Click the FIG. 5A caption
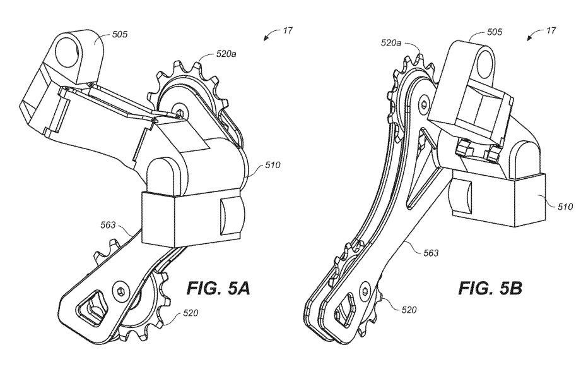click(218, 288)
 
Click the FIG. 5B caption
click(491, 288)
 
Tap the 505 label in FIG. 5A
click(119, 35)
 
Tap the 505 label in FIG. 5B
click(495, 32)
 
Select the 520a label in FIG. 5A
click(226, 54)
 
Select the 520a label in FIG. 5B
click(391, 43)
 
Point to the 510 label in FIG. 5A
click(273, 164)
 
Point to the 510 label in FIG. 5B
click(565, 207)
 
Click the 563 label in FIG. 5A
click(108, 225)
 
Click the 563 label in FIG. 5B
click(431, 253)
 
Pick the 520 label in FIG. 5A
click(191, 313)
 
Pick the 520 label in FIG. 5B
click(409, 309)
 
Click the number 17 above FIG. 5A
click(288, 30)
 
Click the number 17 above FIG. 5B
click(551, 30)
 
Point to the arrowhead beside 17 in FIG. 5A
click(266, 39)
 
